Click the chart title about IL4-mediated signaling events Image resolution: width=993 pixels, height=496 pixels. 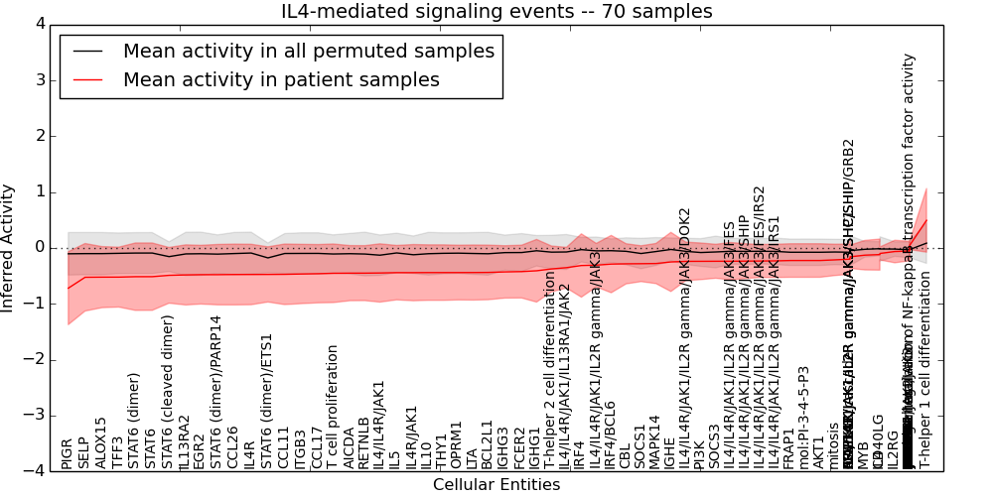[x=496, y=12]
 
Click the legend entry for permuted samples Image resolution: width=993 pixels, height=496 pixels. [x=308, y=52]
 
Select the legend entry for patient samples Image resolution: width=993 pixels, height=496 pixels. [x=281, y=80]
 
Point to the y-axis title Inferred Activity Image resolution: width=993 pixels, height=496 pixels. [x=9, y=248]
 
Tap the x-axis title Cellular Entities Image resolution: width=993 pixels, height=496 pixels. [x=496, y=485]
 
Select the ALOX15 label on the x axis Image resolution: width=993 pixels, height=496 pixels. [x=101, y=443]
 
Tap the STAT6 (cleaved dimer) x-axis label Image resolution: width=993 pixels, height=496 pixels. [x=168, y=392]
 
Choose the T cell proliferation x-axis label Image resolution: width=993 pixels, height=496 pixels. [x=333, y=407]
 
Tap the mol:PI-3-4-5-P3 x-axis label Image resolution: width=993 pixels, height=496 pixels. [x=803, y=418]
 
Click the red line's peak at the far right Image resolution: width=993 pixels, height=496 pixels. [x=926, y=219]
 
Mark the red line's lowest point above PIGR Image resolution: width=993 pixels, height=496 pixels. [x=68, y=289]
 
